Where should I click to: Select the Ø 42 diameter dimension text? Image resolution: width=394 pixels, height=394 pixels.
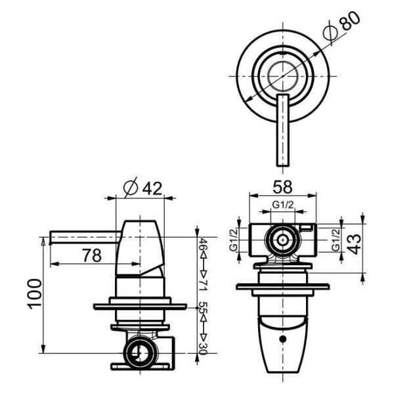tap(142, 188)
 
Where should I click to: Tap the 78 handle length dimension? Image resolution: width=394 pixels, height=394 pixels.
tap(92, 255)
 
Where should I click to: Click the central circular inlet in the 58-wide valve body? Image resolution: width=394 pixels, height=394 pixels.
tap(282, 240)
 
